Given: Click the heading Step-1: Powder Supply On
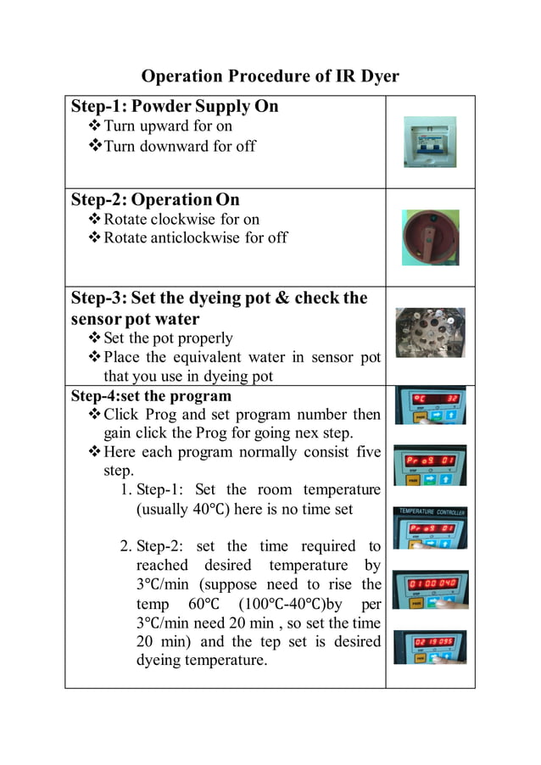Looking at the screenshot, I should pos(174,106).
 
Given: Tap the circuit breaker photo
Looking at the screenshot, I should pos(429,142).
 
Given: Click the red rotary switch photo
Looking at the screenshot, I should pos(430,237).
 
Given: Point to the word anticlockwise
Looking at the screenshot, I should pos(192,237).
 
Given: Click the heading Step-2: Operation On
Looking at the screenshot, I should pos(155,199).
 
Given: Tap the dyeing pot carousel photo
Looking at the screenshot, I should pos(430,332).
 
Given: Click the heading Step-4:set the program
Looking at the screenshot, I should pos(150,396).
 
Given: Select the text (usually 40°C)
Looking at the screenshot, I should pos(185,509).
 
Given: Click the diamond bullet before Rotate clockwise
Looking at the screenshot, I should pos(94,219).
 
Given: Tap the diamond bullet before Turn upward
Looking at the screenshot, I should pos(94,126).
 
